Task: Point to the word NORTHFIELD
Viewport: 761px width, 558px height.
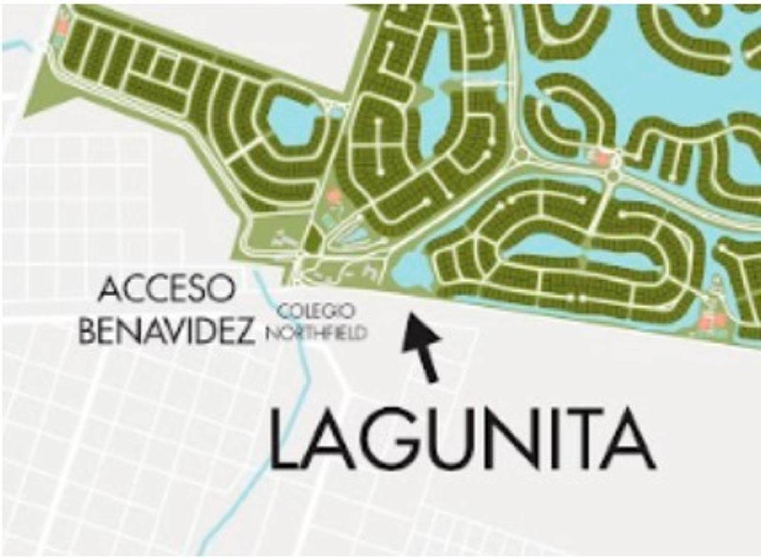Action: (316, 332)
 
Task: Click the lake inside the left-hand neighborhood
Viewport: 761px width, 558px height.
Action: (292, 119)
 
